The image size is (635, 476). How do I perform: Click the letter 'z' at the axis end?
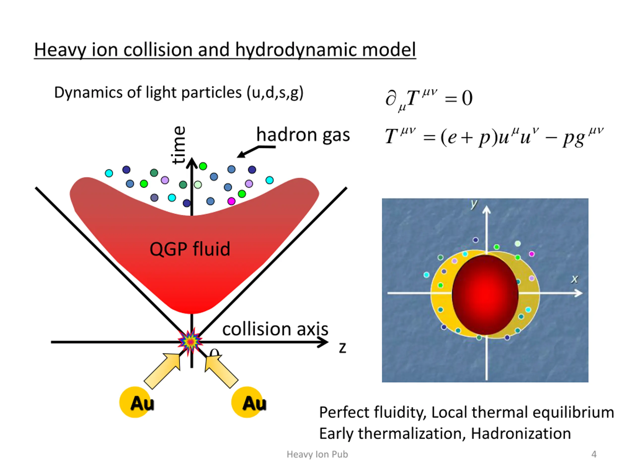342,348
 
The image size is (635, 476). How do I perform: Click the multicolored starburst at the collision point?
190,341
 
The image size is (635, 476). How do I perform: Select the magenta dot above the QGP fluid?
231,201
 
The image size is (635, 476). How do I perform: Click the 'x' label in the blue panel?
574,279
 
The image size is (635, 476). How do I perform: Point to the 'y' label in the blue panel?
474,204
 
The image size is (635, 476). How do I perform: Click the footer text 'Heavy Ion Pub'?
317,454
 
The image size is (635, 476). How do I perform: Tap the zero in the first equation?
467,98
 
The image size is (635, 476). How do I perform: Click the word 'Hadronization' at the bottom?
521,434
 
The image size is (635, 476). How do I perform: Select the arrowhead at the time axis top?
192,163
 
